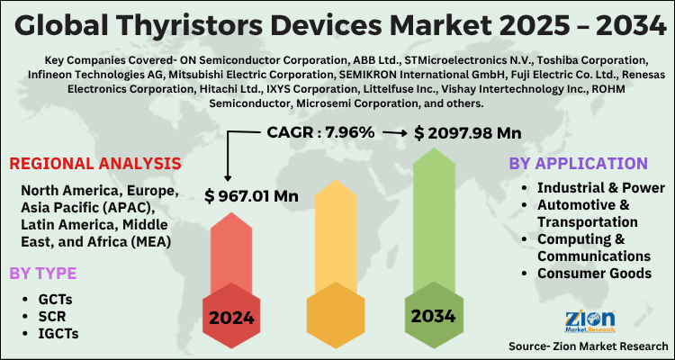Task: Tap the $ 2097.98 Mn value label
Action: (x=468, y=132)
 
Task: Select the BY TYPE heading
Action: (x=43, y=273)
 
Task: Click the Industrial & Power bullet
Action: (x=601, y=187)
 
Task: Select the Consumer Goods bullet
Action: (x=594, y=274)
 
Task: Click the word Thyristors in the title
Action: (x=205, y=25)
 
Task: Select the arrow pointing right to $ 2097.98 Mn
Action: (x=393, y=132)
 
